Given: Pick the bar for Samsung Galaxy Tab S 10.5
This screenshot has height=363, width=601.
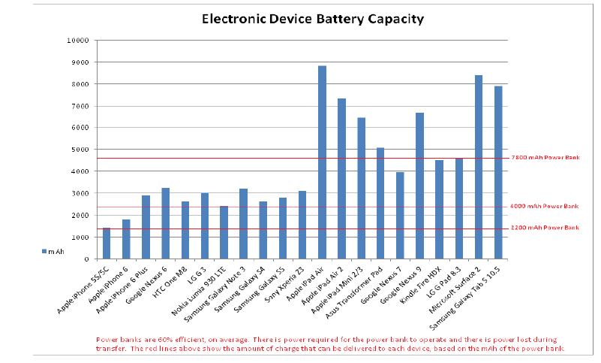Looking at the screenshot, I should pos(497,173).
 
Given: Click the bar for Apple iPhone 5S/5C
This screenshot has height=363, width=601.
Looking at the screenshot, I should pos(107,244).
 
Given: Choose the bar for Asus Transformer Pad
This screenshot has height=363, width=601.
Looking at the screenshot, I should pos(380,203).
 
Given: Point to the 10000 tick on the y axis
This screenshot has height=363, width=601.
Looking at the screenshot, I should pos(79,40).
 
